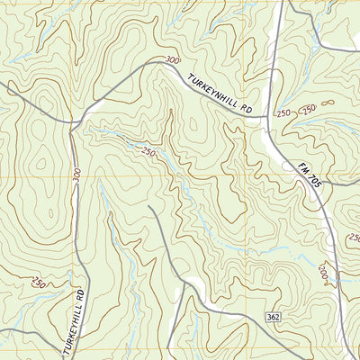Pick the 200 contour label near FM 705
click(x=323, y=272)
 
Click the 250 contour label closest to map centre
click(x=148, y=152)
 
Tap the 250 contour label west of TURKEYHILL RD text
click(x=39, y=283)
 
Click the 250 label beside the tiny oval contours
click(x=309, y=110)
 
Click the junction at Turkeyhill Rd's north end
click(x=75, y=120)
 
